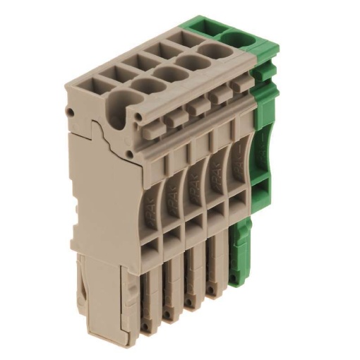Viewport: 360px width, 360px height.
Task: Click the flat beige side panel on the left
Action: (x=99, y=191)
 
